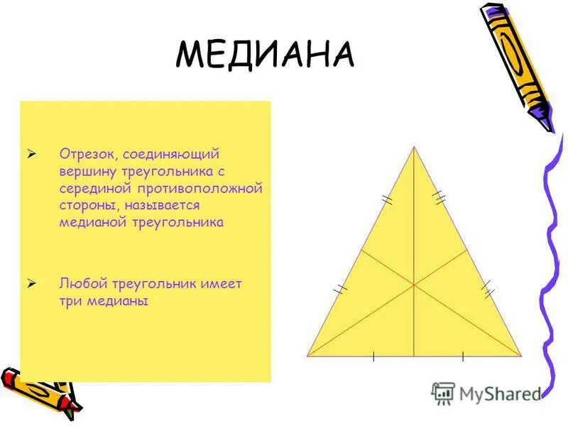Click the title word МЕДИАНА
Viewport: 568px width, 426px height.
pos(264,54)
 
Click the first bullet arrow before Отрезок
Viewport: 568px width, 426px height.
pos(31,153)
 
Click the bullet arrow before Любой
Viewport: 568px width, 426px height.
pos(31,283)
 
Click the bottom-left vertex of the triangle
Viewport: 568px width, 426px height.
pos(307,355)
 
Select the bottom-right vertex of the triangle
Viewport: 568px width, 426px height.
pos(521,355)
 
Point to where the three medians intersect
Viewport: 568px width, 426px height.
pos(414,285)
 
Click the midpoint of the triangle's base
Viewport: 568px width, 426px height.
pos(414,355)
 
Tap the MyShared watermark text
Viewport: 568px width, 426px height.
pos(500,393)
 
